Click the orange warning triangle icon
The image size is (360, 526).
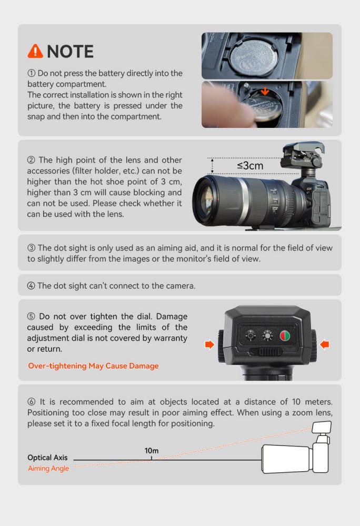(35, 51)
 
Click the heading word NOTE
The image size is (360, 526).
(71, 51)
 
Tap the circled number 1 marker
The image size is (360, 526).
(31, 73)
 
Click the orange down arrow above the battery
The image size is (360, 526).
(265, 91)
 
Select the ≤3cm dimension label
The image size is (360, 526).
(250, 165)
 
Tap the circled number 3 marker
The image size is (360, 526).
(31, 248)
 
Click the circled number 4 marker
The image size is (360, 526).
(31, 286)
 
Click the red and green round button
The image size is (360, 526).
(285, 335)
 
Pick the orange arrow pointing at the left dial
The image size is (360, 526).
(209, 344)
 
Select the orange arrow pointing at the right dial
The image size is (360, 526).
(324, 344)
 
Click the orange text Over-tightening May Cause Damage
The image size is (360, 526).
(93, 365)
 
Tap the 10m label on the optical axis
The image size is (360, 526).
(152, 451)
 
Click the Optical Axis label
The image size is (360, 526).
(47, 458)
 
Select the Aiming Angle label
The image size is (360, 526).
(48, 468)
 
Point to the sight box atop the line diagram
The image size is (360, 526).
(322, 428)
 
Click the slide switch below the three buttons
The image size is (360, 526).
(266, 352)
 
